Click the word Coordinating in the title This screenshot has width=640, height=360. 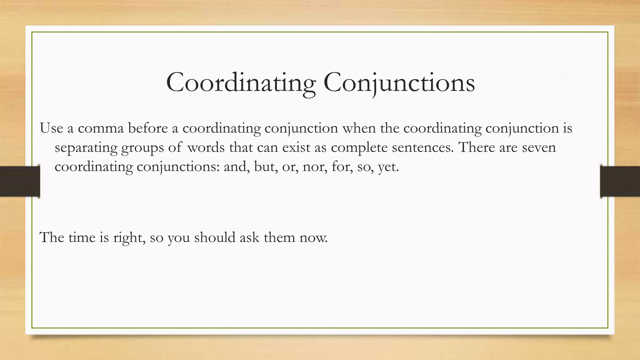coord(241,82)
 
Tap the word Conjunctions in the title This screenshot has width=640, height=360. coord(399,82)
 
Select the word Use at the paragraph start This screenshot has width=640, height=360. coord(52,128)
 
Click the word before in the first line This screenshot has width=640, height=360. coord(148,128)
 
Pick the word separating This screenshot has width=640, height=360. coord(86,147)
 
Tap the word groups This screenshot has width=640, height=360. coord(142,147)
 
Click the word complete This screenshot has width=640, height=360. coord(359,147)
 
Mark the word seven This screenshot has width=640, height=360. coord(539,147)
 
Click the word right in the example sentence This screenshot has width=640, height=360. coord(129,238)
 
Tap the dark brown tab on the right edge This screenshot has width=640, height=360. coord(620,181)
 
